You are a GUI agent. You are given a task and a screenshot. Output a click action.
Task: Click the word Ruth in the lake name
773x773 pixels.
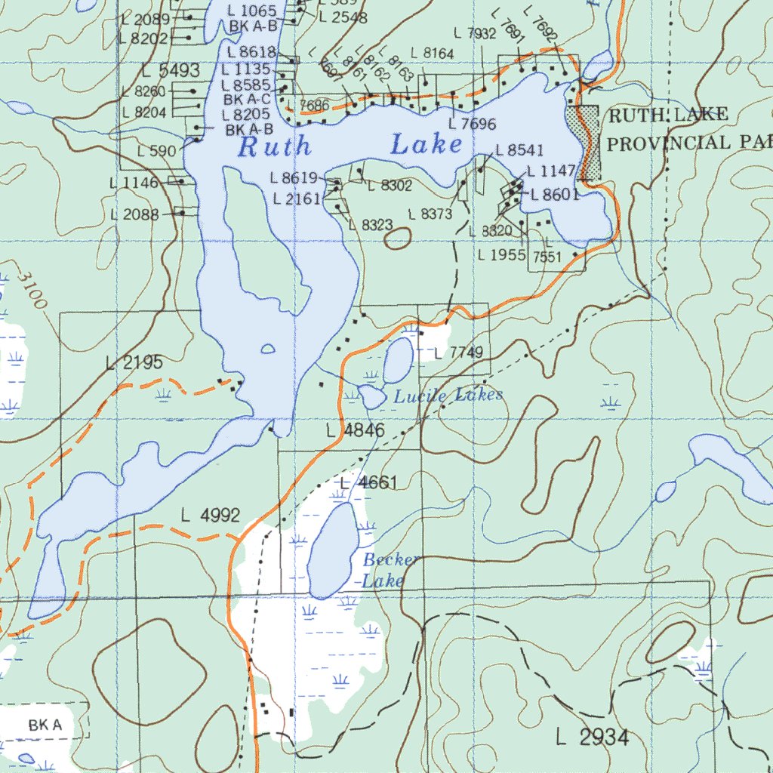pos(273,146)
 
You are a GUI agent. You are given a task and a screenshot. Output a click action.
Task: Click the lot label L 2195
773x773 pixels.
pos(134,363)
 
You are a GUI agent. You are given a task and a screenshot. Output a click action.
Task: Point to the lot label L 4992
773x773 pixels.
pos(211,516)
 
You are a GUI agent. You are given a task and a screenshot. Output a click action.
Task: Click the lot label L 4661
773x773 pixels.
pos(368,482)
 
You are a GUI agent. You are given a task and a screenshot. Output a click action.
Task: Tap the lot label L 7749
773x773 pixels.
pos(458,353)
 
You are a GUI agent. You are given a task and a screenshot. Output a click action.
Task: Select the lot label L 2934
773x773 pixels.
pos(592,738)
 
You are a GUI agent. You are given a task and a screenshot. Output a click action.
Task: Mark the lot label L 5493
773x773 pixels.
pos(170,72)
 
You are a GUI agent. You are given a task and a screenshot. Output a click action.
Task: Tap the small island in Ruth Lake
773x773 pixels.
pos(267,349)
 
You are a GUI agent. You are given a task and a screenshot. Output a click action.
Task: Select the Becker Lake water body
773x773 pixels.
pos(331,551)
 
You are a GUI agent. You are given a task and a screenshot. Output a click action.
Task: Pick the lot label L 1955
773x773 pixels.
pos(501,255)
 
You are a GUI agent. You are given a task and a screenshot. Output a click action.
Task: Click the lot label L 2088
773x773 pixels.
pos(134,214)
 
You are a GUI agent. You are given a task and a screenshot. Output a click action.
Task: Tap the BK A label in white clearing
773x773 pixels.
pos(45,725)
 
